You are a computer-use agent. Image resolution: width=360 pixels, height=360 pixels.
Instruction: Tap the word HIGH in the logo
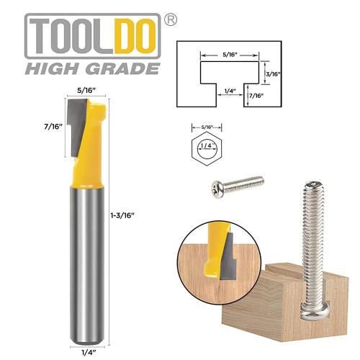[x=50, y=68]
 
